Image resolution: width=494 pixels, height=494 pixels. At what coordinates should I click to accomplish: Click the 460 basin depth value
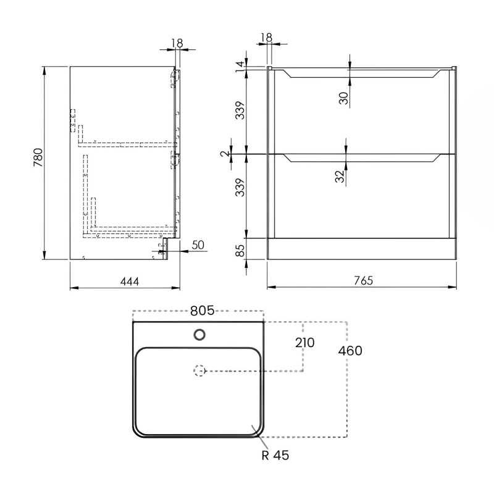(350, 351)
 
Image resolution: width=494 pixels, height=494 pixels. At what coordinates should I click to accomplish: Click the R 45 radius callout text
(274, 456)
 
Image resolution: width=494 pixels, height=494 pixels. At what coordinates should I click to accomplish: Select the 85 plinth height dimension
(241, 251)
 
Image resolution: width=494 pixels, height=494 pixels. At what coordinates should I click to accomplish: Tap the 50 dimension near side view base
(198, 245)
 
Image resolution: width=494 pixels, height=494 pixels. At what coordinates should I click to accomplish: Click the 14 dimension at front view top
(240, 66)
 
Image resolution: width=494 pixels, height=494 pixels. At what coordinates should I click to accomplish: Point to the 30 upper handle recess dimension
(344, 96)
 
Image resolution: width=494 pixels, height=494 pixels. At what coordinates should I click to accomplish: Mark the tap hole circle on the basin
(199, 335)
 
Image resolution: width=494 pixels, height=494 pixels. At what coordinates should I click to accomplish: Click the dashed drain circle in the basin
(199, 371)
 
